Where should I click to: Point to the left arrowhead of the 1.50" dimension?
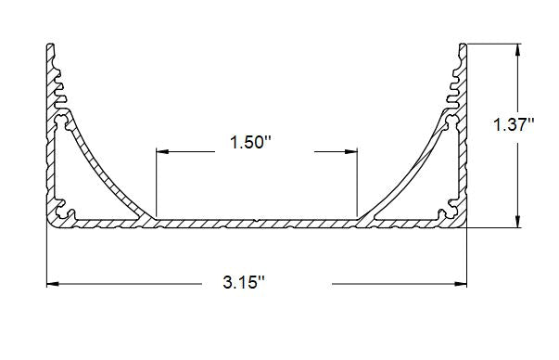[x=161, y=150]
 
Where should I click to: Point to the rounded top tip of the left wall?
[x=50, y=44]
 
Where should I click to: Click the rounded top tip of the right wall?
[x=462, y=44]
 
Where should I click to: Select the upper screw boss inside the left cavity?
[x=63, y=121]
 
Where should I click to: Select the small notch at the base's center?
[x=256, y=221]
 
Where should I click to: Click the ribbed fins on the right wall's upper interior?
[x=453, y=79]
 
